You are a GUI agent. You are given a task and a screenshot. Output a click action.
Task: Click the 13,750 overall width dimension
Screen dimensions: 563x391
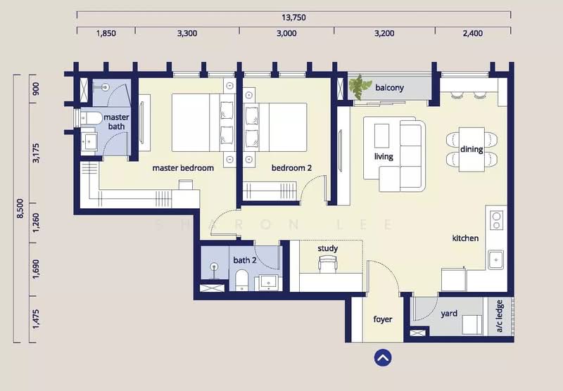pos(293,17)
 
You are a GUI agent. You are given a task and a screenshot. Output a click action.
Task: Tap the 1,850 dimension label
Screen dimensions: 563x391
pos(106,33)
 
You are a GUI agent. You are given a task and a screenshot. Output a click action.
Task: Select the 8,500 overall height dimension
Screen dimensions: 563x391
pos(20,208)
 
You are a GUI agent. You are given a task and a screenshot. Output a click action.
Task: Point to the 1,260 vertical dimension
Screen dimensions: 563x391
pos(36,223)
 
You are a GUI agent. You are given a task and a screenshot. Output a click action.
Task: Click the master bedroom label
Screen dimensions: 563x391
pos(183,168)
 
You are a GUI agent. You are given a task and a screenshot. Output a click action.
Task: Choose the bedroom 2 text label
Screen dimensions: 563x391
pos(291,168)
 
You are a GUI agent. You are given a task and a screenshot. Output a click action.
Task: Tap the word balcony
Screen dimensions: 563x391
pos(390,87)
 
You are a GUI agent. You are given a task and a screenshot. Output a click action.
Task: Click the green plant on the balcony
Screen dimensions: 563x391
pos(360,86)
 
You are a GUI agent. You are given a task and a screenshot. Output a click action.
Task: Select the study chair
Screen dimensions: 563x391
pos(327,264)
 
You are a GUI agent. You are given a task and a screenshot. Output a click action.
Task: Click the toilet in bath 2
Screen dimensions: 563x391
pos(241,280)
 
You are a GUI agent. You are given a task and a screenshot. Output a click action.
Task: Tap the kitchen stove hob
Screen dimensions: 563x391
pos(497,220)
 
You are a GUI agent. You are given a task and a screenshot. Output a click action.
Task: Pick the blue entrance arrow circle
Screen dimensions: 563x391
pos(383,358)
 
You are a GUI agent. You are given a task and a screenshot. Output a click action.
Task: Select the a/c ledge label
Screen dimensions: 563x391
pos(500,316)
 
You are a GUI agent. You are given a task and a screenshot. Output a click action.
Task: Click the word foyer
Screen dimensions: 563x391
pos(383,319)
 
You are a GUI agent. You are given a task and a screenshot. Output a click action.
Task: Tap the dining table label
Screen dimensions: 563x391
pos(472,149)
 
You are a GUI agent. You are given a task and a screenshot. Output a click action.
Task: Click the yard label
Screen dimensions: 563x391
pos(449,314)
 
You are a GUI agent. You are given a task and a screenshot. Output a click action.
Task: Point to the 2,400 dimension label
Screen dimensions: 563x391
pos(472,33)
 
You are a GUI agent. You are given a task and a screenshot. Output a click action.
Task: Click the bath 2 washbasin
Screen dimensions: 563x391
pos(268,283)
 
